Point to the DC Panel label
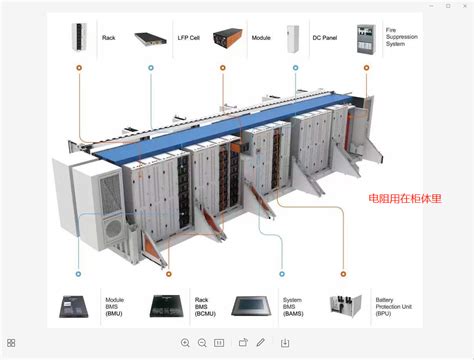[x=323, y=37]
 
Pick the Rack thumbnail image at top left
[x=79, y=36]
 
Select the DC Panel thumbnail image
[x=292, y=37]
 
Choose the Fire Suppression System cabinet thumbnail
[x=364, y=37]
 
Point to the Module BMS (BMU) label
[x=116, y=305]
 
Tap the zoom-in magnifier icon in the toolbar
[x=185, y=343]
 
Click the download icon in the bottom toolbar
[x=285, y=343]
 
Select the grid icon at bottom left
[x=12, y=343]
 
